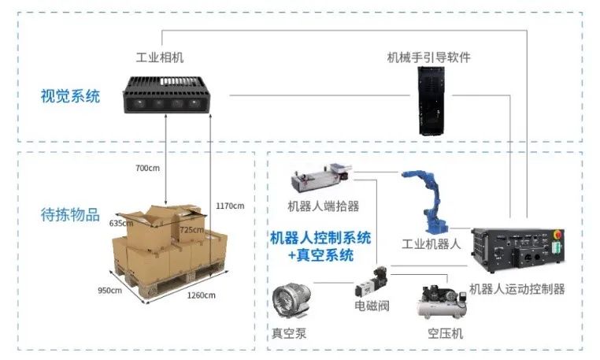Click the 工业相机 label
tap(160, 58)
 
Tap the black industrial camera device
tap(166, 95)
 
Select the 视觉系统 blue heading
tap(70, 96)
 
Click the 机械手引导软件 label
tap(428, 58)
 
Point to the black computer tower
tap(431, 101)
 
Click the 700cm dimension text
tap(147, 168)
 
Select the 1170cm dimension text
tap(230, 206)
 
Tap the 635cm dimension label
tap(121, 223)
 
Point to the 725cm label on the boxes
tap(191, 230)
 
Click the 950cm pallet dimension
tap(109, 291)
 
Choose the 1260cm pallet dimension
tap(202, 295)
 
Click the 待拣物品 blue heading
tap(70, 214)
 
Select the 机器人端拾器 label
tap(324, 206)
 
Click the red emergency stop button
tap(557, 234)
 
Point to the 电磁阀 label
tap(372, 306)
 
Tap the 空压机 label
tap(446, 333)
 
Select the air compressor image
tap(442, 302)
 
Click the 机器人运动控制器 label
tap(517, 289)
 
